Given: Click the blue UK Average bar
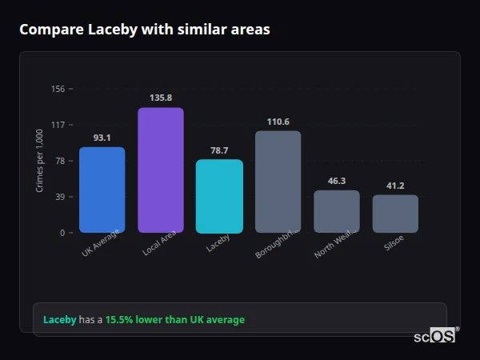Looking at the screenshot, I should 102,190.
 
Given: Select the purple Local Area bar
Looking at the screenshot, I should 161,170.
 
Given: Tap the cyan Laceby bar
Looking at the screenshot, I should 219,196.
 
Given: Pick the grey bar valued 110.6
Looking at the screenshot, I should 278,182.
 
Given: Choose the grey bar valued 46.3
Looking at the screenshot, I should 336,211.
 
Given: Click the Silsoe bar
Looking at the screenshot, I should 395,214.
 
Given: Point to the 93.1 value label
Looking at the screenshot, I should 102,138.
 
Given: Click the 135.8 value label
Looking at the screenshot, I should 161,98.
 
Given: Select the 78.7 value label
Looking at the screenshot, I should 219,150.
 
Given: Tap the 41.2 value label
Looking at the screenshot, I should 395,186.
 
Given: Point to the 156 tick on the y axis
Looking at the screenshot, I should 58,89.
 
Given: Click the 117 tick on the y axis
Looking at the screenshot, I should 58,125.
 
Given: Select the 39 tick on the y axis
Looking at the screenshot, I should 59,197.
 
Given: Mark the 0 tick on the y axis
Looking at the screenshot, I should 62,233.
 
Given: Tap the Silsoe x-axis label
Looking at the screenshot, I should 394,245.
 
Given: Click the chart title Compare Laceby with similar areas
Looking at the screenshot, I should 145,30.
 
